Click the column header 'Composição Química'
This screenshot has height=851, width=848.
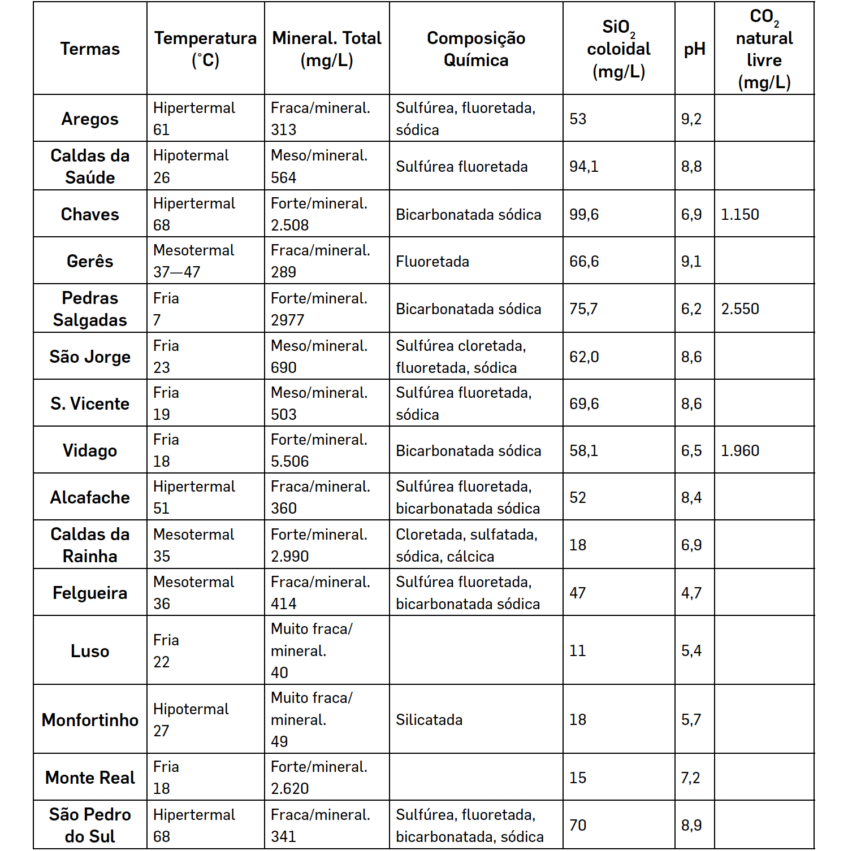tap(476, 49)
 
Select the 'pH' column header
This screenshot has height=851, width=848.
tap(694, 49)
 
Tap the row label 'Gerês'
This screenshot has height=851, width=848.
tap(90, 261)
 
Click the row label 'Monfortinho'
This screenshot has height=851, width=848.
tap(90, 720)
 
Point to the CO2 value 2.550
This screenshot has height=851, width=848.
tap(740, 309)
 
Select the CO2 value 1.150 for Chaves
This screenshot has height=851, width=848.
tap(740, 215)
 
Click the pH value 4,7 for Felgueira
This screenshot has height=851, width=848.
tap(691, 593)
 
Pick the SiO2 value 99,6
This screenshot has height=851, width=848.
tap(584, 215)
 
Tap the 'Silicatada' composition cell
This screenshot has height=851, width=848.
tap(429, 720)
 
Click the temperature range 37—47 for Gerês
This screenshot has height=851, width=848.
tap(177, 272)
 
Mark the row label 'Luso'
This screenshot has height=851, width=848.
tap(90, 651)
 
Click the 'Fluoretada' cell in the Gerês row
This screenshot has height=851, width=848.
tap(432, 262)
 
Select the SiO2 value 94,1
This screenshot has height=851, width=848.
tap(584, 167)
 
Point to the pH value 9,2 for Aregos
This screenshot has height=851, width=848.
tap(691, 119)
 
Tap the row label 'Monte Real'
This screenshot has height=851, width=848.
tap(90, 778)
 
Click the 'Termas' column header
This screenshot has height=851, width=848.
tap(90, 49)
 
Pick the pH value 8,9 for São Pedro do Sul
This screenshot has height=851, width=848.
tap(691, 826)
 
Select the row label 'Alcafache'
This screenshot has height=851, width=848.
tap(90, 497)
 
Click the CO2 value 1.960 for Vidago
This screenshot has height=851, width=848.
tap(740, 451)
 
